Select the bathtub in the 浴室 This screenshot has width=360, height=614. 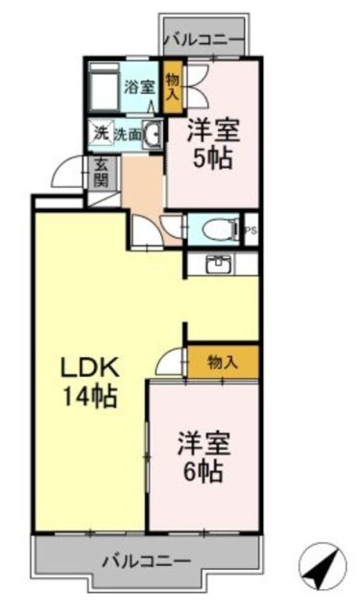103,89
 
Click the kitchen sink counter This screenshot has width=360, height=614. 220,263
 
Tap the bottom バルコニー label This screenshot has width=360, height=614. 146,562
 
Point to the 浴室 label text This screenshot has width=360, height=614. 140,86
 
